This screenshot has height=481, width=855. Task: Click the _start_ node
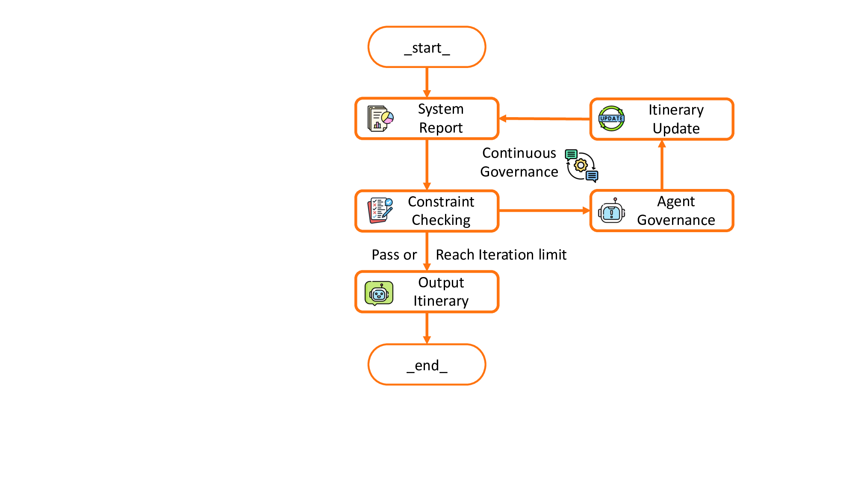coord(427,47)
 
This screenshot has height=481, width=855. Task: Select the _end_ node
coord(427,365)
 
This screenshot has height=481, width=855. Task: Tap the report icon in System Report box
coord(380,118)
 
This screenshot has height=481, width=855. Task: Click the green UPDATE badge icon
coord(611,118)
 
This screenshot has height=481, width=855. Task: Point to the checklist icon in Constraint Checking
coord(380,210)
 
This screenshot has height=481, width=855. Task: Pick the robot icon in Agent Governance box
coord(611,211)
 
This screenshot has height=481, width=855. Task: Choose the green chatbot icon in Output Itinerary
coord(379,293)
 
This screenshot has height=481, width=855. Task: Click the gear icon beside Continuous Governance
coord(581,165)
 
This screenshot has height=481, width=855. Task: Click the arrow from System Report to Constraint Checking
coord(427,165)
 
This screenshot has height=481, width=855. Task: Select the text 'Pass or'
coord(394,255)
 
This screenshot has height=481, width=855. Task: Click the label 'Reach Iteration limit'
coord(501,255)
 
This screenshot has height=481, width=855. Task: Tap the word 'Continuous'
coord(519,153)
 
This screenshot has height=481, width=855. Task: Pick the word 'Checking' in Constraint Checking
coord(441,220)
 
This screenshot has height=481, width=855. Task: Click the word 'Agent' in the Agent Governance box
coord(676,201)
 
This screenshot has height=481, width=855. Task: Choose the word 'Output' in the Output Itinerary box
coord(441,283)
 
